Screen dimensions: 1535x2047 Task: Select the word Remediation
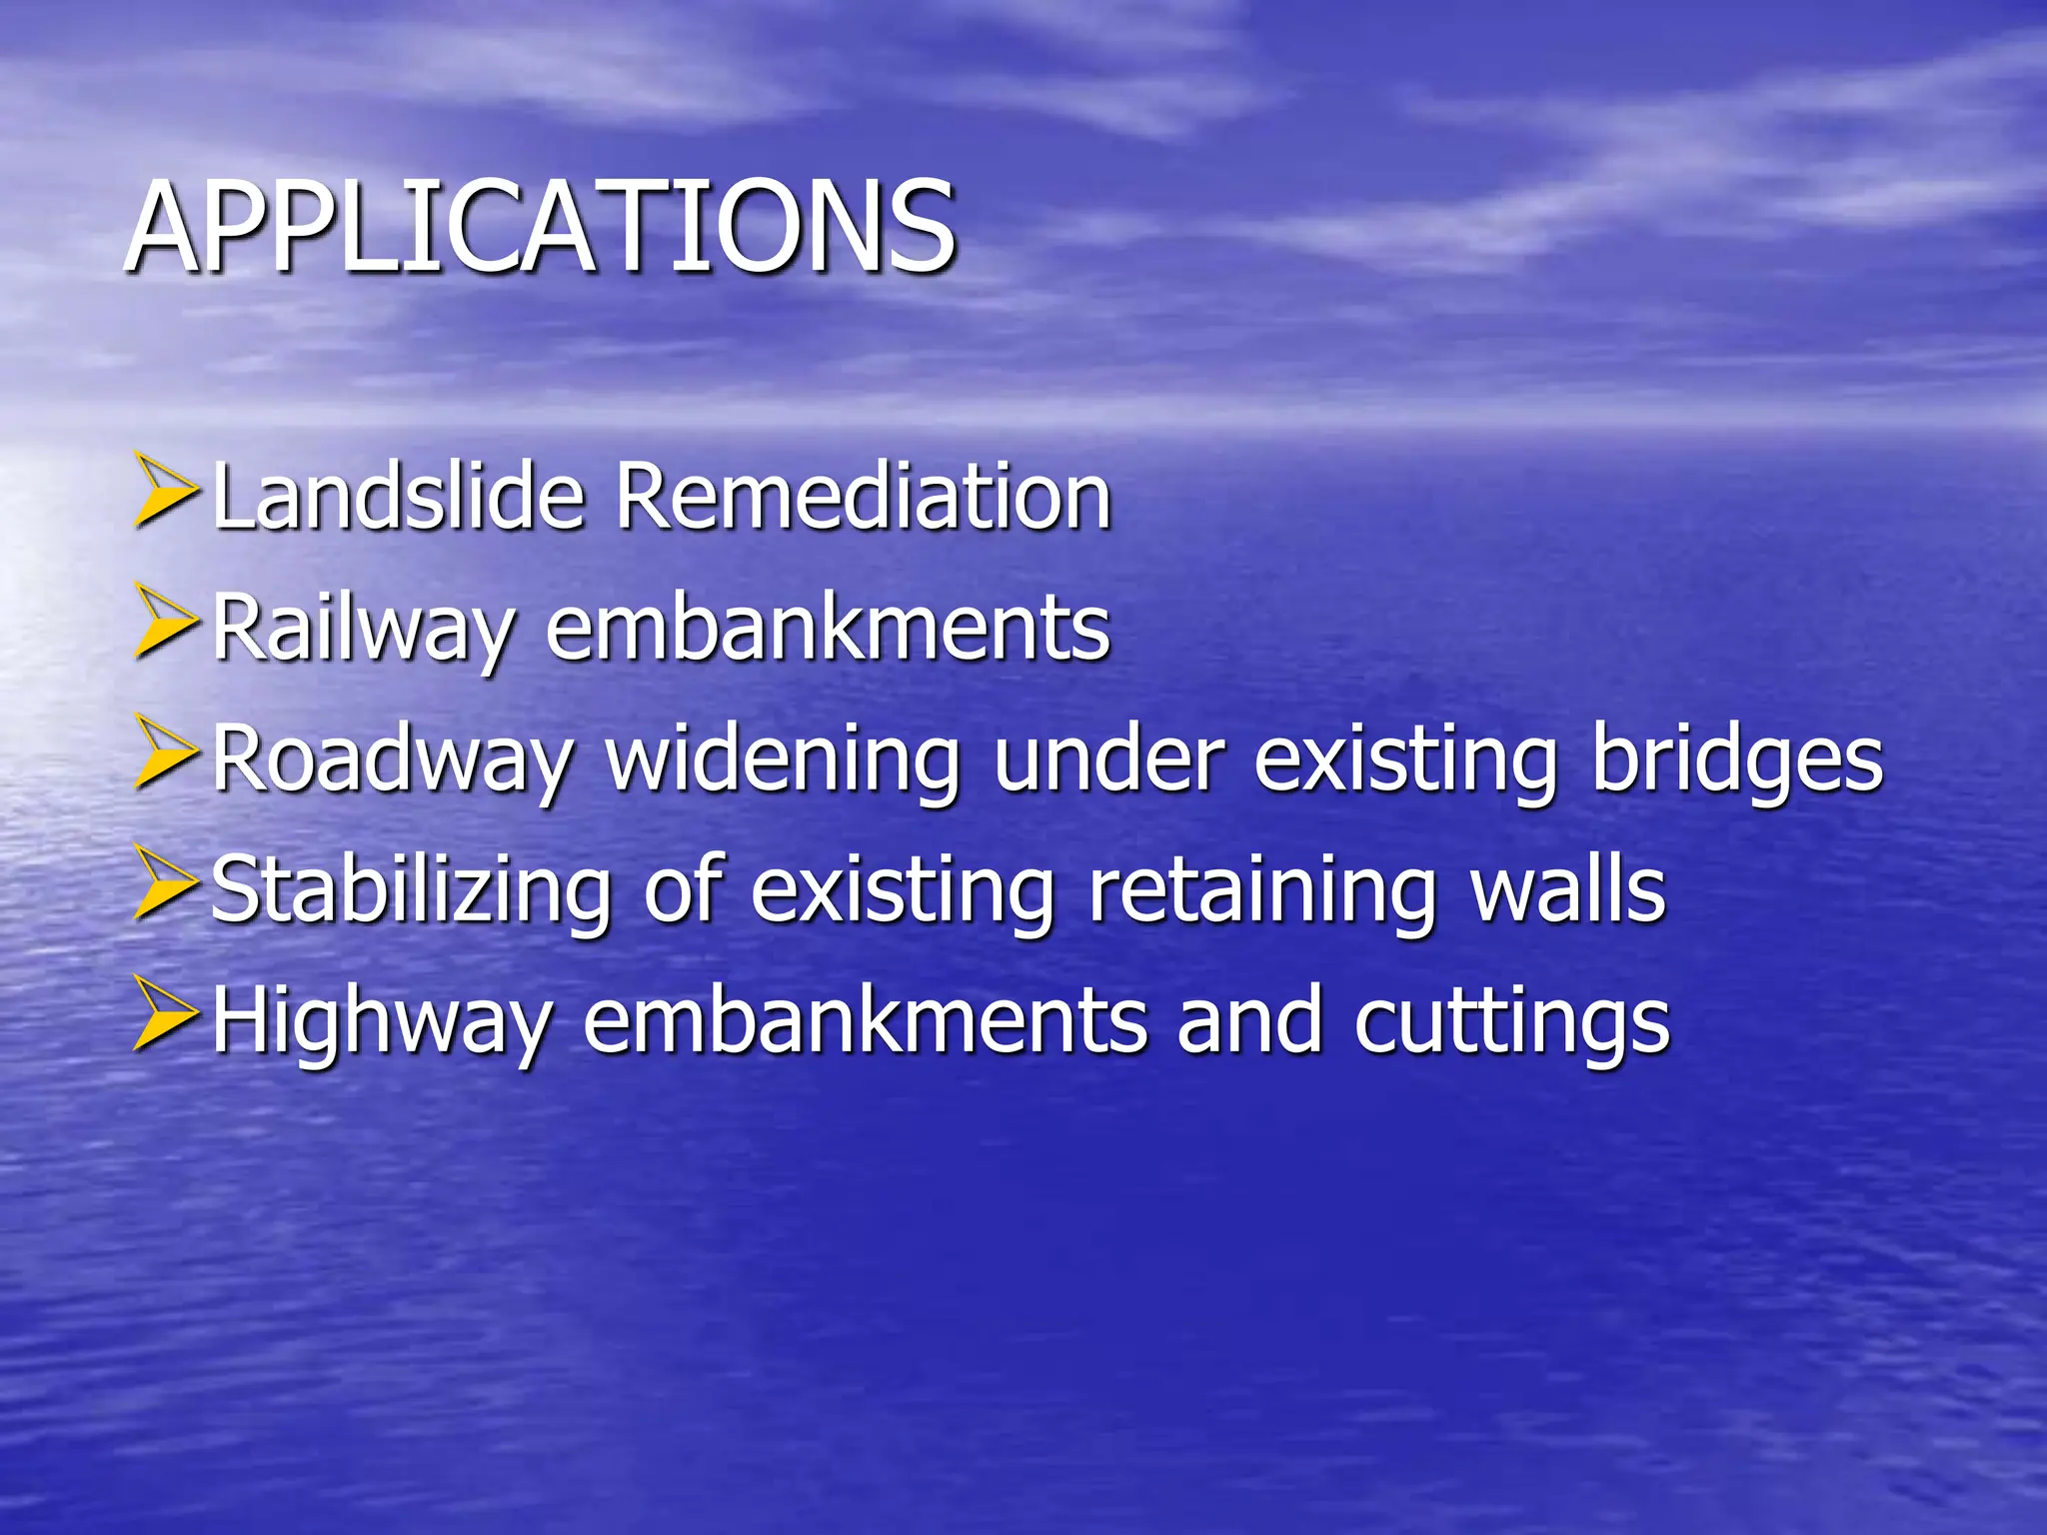point(863,497)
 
